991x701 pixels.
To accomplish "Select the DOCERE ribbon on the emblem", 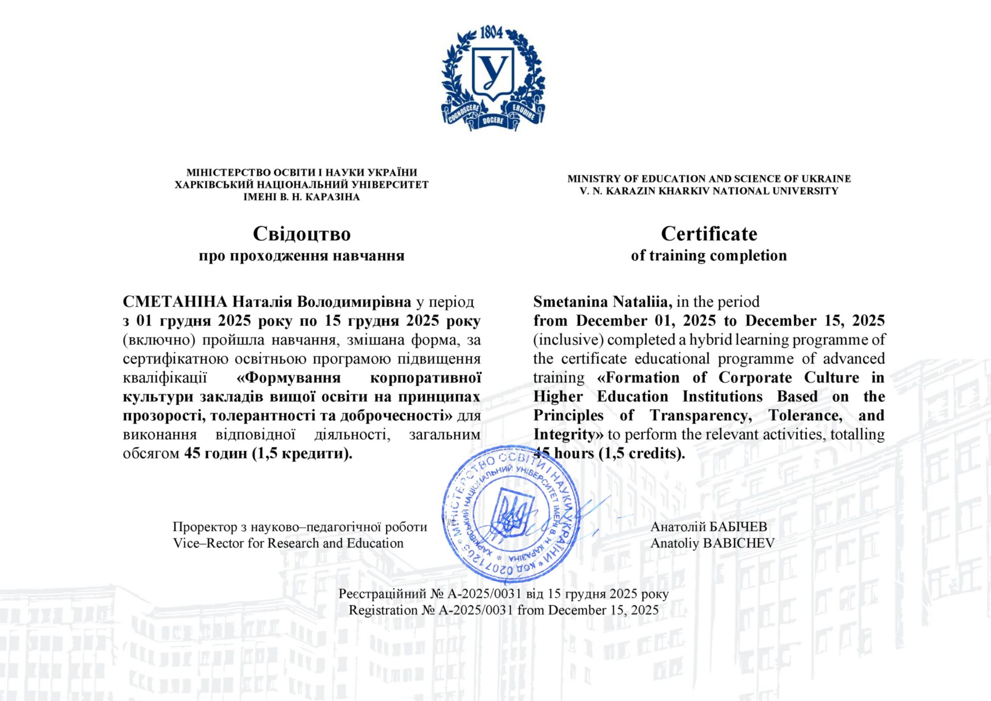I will pyautogui.click(x=493, y=121).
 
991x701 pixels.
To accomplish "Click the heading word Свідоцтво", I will pyautogui.click(x=301, y=234).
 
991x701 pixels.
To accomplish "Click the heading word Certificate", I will pyautogui.click(x=709, y=234).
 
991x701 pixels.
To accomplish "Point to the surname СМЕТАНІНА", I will pyautogui.click(x=175, y=301).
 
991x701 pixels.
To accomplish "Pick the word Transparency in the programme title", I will pyautogui.click(x=700, y=416).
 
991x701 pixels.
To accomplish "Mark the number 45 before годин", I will pyautogui.click(x=192, y=453).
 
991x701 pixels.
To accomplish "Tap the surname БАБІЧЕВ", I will pyautogui.click(x=739, y=527).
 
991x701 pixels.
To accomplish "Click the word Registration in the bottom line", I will pyautogui.click(x=383, y=610).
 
